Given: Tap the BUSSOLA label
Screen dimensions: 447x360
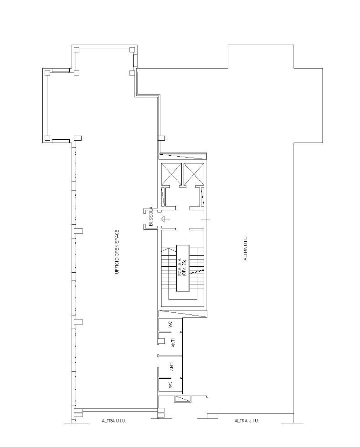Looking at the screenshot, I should click(150, 217).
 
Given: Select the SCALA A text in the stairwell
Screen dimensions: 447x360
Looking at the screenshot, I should click(180, 268).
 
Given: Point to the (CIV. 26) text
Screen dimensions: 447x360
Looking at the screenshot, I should click(185, 268).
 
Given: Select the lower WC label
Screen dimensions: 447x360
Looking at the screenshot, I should click(169, 385).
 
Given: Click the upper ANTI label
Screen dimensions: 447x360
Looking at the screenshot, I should click(173, 344).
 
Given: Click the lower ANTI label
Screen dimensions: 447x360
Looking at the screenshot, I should click(172, 366).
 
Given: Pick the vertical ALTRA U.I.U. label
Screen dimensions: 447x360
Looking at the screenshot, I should click(246, 248).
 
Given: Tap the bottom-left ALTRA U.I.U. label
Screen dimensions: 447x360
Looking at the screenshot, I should click(113, 421).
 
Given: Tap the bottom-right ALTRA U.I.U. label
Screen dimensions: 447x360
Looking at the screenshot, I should click(247, 421).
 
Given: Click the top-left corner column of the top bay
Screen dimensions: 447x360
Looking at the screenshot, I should click(77, 49).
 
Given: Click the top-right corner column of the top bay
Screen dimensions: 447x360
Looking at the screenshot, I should click(132, 49).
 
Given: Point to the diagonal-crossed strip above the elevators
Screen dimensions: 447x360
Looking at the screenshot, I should click(182, 157).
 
